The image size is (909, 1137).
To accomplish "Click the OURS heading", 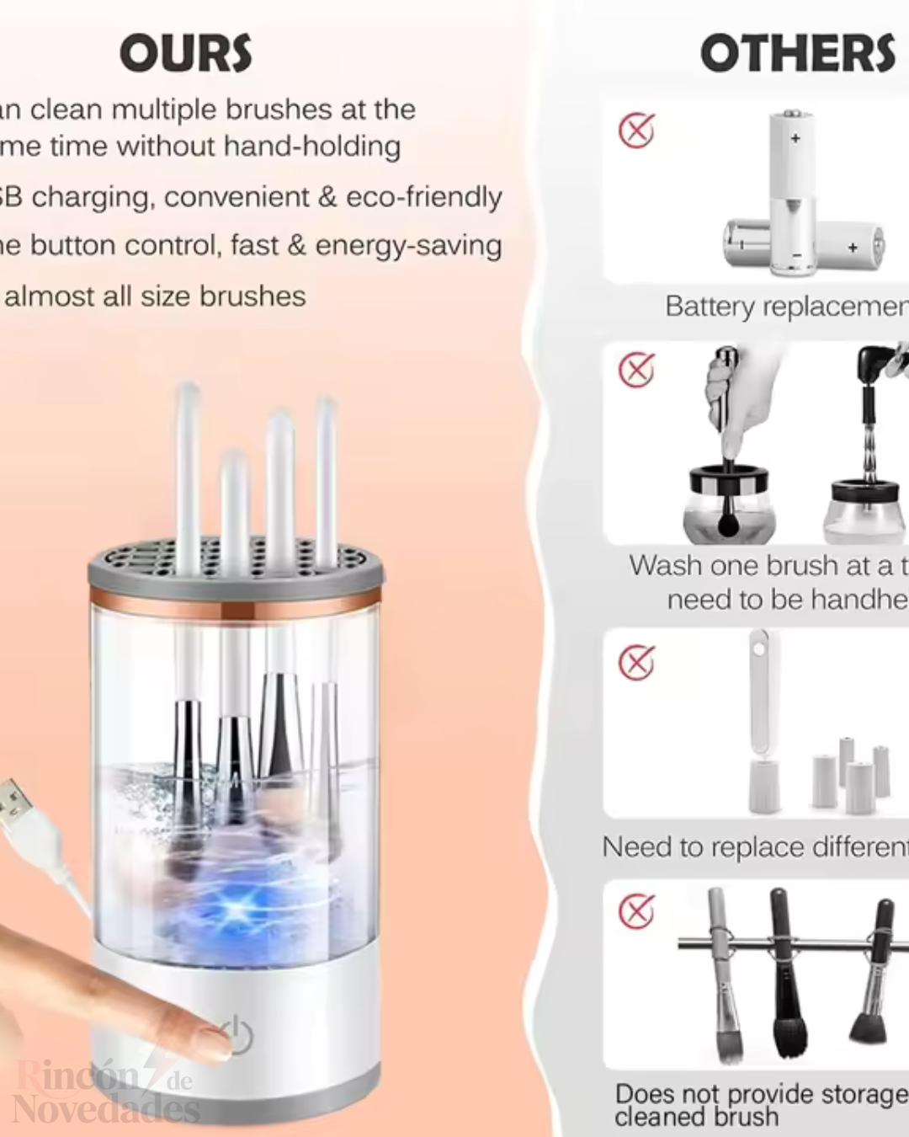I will click(x=185, y=54).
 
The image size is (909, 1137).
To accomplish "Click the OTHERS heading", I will click(x=797, y=54).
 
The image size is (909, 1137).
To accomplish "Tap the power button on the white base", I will click(x=238, y=1035).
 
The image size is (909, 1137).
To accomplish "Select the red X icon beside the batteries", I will click(x=636, y=131).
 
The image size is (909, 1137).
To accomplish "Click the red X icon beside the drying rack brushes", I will click(x=636, y=910).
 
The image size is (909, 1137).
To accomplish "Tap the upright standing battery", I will click(x=792, y=194).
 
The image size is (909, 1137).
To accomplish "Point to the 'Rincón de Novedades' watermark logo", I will click(x=105, y=1093).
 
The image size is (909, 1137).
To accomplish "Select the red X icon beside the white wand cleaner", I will click(x=636, y=663).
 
